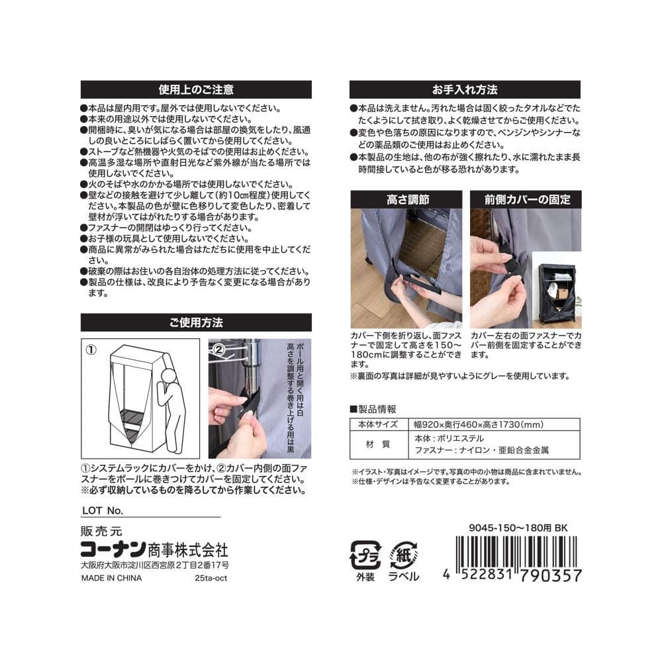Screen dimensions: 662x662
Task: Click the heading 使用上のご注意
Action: (x=196, y=89)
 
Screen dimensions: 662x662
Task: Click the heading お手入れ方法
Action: (x=465, y=89)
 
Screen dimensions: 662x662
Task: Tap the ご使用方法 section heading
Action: (x=196, y=322)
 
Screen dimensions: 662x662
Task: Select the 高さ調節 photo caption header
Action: (x=408, y=199)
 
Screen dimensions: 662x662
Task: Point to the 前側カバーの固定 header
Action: (x=528, y=199)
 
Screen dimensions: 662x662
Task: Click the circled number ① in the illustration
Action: (x=91, y=350)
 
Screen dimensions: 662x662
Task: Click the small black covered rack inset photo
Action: (x=557, y=290)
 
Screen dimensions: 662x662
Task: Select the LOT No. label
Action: (x=103, y=510)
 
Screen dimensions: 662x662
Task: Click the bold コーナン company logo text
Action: (x=113, y=549)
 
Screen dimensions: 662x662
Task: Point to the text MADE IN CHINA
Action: (x=111, y=578)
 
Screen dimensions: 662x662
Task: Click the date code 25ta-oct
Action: (x=211, y=578)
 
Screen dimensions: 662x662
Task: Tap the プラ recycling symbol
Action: (x=365, y=555)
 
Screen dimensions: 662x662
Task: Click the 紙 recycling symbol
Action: (x=404, y=555)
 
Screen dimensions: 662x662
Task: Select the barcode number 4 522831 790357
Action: (x=512, y=575)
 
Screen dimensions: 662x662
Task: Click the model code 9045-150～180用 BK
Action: (x=518, y=528)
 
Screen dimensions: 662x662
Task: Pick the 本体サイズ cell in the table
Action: (x=378, y=424)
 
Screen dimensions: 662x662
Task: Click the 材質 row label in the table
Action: (x=378, y=444)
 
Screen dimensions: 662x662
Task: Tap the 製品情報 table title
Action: (x=373, y=408)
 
